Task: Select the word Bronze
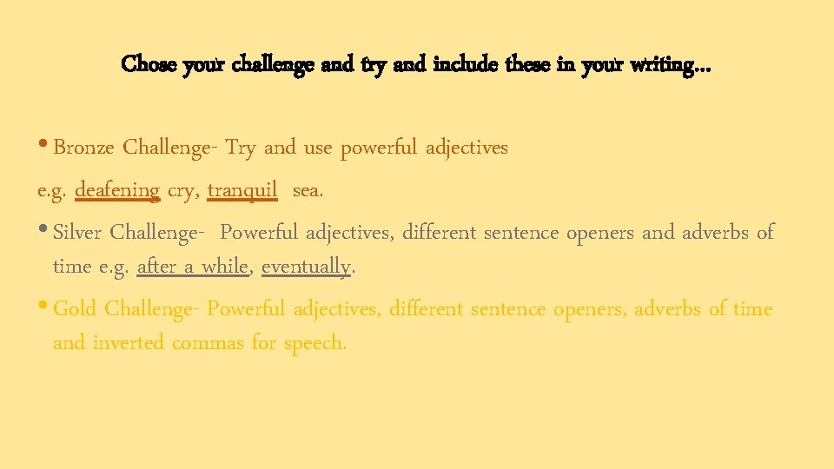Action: tap(83, 148)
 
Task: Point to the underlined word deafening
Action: tap(117, 189)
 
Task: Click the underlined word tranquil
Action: tap(242, 189)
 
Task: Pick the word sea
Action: tap(308, 189)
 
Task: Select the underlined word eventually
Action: tap(307, 267)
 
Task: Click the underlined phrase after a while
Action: tap(193, 267)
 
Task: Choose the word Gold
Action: tap(75, 308)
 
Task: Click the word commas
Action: tap(208, 343)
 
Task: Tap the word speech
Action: tap(314, 343)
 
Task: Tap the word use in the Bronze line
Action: tap(317, 148)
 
